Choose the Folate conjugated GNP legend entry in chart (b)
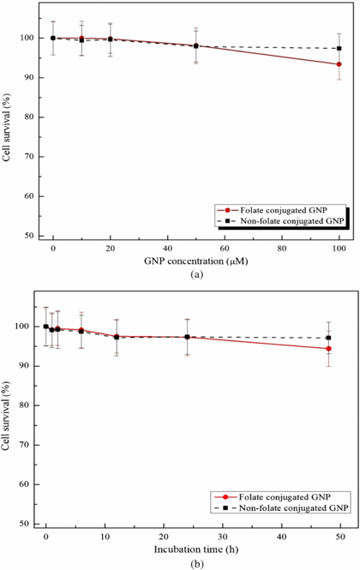click(276, 496)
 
